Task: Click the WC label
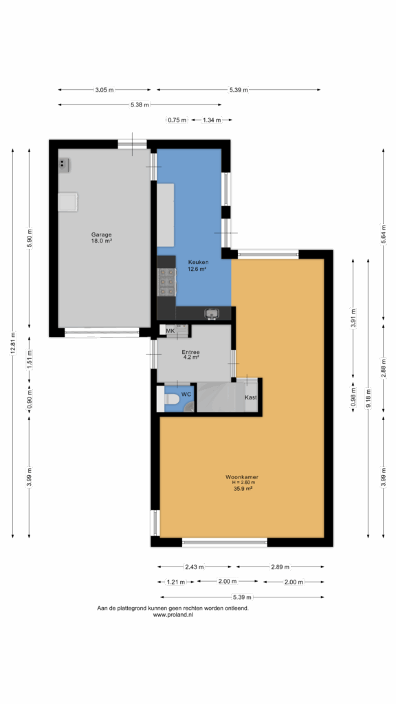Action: [x=186, y=394]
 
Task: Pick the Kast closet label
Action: [x=250, y=397]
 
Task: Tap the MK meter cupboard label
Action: [x=170, y=331]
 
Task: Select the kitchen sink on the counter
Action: [x=211, y=313]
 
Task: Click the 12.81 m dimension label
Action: [x=13, y=344]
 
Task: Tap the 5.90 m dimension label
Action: [x=29, y=239]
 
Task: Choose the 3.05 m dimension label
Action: [x=104, y=90]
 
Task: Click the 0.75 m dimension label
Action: [x=177, y=120]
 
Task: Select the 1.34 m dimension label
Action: [x=212, y=120]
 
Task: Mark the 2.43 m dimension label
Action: [x=195, y=566]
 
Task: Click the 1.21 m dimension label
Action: [x=176, y=582]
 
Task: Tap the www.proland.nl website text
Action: [x=173, y=615]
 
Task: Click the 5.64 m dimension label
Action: [x=384, y=234]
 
